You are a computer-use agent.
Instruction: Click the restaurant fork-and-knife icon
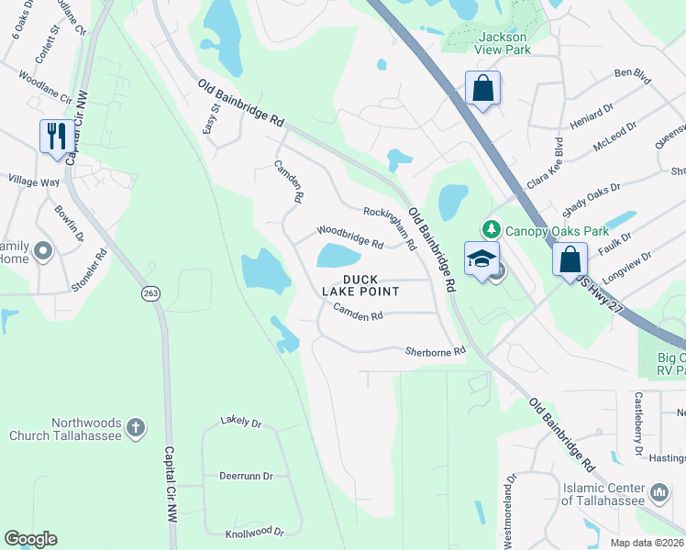(x=57, y=136)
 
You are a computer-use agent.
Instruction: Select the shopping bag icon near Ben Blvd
(x=482, y=89)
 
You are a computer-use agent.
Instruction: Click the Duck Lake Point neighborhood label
(x=360, y=285)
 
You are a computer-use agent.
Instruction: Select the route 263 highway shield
(x=151, y=293)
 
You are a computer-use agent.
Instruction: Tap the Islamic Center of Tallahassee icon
(x=659, y=493)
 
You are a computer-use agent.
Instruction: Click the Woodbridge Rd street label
(x=349, y=236)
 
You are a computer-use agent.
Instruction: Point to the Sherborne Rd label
(x=436, y=351)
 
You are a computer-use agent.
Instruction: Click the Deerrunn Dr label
(x=246, y=477)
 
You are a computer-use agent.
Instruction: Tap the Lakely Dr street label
(x=241, y=423)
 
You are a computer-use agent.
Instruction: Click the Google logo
(x=30, y=539)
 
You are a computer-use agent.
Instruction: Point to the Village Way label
(x=33, y=181)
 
